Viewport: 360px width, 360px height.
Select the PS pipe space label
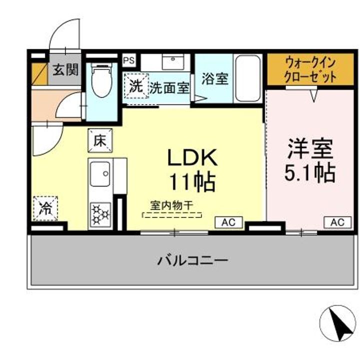pos(129,60)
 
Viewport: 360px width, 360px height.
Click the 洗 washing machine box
pos(136,86)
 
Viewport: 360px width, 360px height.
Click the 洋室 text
pos(310,148)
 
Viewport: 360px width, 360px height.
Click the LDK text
pos(191,158)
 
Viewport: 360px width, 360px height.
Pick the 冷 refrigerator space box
pos(45,208)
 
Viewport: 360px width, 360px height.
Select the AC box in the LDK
pos(229,222)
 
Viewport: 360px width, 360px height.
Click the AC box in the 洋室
pos(337,222)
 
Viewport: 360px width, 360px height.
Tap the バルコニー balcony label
pos(193,260)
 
